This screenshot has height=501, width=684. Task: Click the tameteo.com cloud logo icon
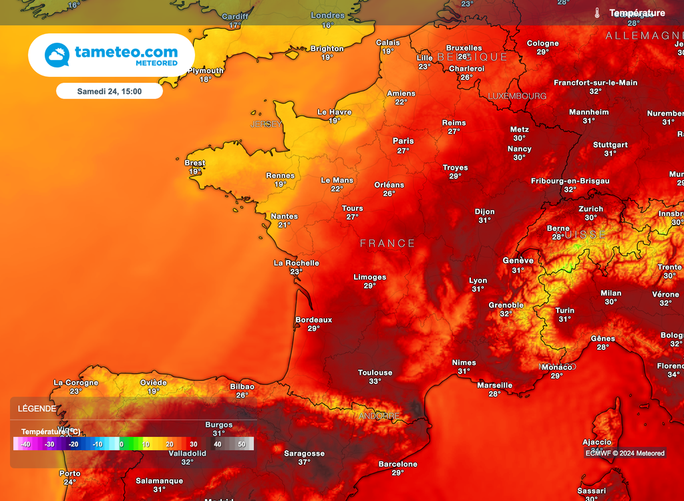click(57, 55)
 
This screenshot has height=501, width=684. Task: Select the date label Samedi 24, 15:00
click(109, 91)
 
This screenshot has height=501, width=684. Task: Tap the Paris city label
click(403, 141)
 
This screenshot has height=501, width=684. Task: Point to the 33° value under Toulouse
click(375, 381)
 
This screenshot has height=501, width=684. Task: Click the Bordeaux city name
click(314, 320)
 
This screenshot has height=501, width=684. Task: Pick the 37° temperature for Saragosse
click(305, 462)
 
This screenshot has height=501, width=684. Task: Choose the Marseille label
click(495, 385)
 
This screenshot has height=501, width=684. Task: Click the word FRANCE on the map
click(387, 244)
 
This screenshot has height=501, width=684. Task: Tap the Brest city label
click(195, 163)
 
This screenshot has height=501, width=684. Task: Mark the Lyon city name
click(478, 281)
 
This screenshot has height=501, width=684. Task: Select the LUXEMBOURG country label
click(517, 96)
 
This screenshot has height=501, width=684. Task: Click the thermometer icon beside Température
click(596, 13)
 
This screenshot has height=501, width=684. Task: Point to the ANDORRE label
click(379, 416)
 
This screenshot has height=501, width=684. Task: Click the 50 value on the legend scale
click(241, 444)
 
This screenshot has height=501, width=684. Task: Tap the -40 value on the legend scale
click(25, 444)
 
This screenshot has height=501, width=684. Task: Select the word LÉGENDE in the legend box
click(37, 409)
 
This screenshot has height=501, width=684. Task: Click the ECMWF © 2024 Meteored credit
click(625, 454)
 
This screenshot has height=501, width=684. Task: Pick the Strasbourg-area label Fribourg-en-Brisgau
click(570, 181)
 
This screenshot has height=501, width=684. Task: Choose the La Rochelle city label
click(297, 263)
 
